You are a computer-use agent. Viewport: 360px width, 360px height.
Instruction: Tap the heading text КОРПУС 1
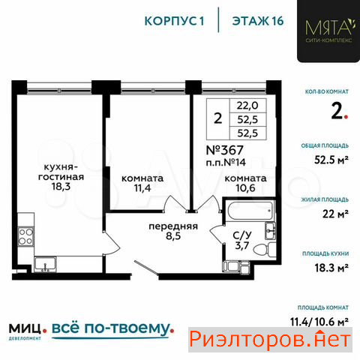pos(175,21)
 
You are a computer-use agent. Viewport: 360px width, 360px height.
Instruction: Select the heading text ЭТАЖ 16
pos(258,21)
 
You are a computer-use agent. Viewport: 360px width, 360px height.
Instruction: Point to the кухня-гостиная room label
pos(61,172)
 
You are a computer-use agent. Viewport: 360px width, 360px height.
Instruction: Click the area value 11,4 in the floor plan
pos(142,188)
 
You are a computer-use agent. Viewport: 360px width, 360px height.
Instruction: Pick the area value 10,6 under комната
pos(245,188)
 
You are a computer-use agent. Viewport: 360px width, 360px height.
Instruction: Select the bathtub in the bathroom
pos(250,210)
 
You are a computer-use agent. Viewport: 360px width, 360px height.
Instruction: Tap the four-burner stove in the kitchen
pos(26,236)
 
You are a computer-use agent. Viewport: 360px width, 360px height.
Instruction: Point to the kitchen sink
pos(46,265)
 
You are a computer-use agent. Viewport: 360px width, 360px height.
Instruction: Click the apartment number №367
pos(224,150)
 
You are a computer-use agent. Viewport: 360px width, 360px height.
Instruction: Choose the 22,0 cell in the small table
pos(247,106)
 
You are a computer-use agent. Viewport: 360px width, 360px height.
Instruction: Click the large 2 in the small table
pos(218,118)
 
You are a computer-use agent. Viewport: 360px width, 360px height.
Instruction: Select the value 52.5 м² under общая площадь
pos(331,160)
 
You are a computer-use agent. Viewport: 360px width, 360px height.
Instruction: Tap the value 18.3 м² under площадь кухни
pos(331,268)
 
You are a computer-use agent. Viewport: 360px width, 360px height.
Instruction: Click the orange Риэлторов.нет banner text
pos(270,340)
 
